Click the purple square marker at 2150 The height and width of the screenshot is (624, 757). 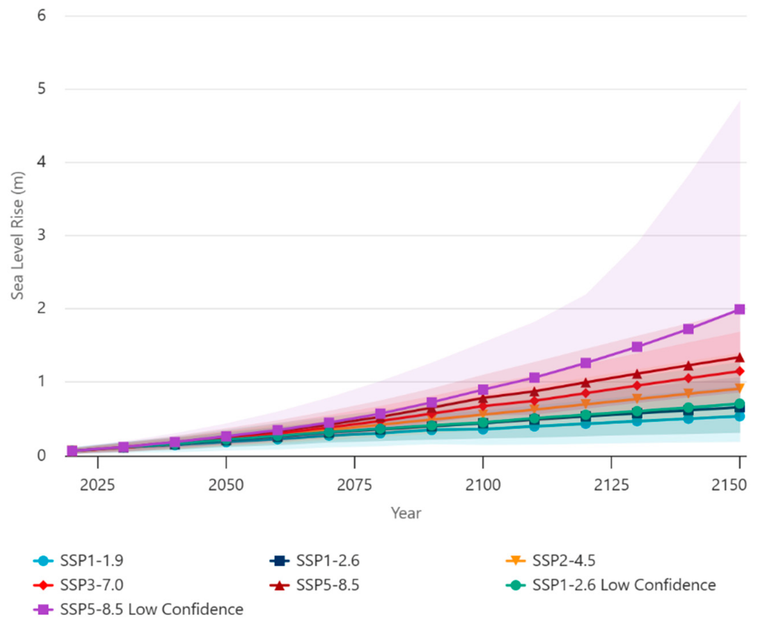coord(739,309)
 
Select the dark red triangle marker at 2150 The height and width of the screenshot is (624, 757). coord(739,358)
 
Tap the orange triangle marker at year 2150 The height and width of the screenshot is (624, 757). coord(739,389)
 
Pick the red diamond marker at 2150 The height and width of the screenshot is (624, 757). coord(739,371)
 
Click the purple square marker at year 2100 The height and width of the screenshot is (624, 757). coord(483,390)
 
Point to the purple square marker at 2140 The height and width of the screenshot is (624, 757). coord(688,329)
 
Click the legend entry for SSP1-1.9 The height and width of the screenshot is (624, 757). coord(78,561)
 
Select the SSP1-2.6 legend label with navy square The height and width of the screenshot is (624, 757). coord(315,561)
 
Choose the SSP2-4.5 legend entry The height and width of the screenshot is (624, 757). coord(551,561)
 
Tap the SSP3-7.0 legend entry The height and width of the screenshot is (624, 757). coord(78,585)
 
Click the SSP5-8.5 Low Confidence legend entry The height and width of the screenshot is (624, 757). coord(138,609)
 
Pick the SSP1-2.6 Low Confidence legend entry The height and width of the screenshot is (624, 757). coord(611,585)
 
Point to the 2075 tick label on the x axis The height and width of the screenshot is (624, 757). coord(354,485)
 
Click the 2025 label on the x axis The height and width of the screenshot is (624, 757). coord(97,485)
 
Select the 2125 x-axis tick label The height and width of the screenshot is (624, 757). coord(611,485)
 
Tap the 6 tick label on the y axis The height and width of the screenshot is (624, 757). coord(42,16)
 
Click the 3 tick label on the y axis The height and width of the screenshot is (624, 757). coord(42,235)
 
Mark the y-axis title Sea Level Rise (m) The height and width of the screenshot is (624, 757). coord(17,236)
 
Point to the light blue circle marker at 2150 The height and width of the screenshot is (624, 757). coord(739,416)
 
